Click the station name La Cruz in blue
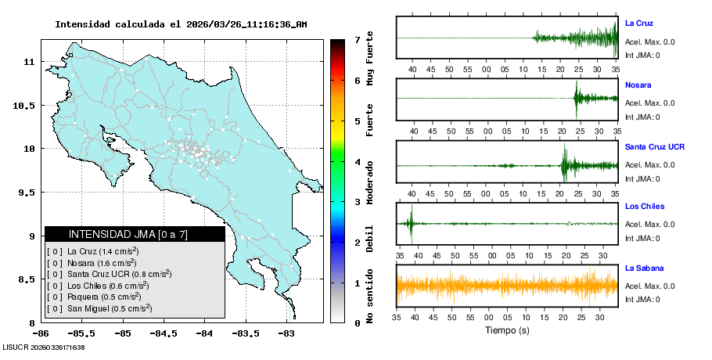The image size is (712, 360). coord(638,23)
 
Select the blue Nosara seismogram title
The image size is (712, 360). coord(638,85)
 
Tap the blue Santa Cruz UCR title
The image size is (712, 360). coord(656,147)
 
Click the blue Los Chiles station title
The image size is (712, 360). coord(645,207)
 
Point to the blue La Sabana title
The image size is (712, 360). coord(643,268)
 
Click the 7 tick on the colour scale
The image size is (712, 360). coord(357,39)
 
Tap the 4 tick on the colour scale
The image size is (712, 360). coord(357,162)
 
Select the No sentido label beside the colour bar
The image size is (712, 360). coord(370,297)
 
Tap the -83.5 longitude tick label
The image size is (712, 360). coord(245,333)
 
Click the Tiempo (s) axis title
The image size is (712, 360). coord(506,330)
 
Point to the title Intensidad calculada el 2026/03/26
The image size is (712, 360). coord(181,24)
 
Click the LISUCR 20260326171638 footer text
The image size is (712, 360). coord(44,347)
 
